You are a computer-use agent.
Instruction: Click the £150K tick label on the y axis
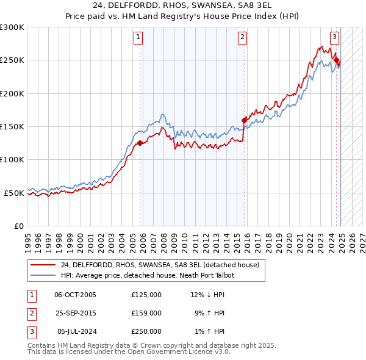click(12, 126)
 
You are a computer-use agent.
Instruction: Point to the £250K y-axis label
click(12, 60)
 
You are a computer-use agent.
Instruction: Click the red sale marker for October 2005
click(140, 143)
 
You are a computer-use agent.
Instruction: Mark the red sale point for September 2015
click(244, 120)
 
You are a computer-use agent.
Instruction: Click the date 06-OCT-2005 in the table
click(75, 295)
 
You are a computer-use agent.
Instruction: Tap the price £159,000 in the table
click(146, 313)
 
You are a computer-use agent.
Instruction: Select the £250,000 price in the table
click(146, 331)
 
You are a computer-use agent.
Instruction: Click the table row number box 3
click(30, 331)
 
